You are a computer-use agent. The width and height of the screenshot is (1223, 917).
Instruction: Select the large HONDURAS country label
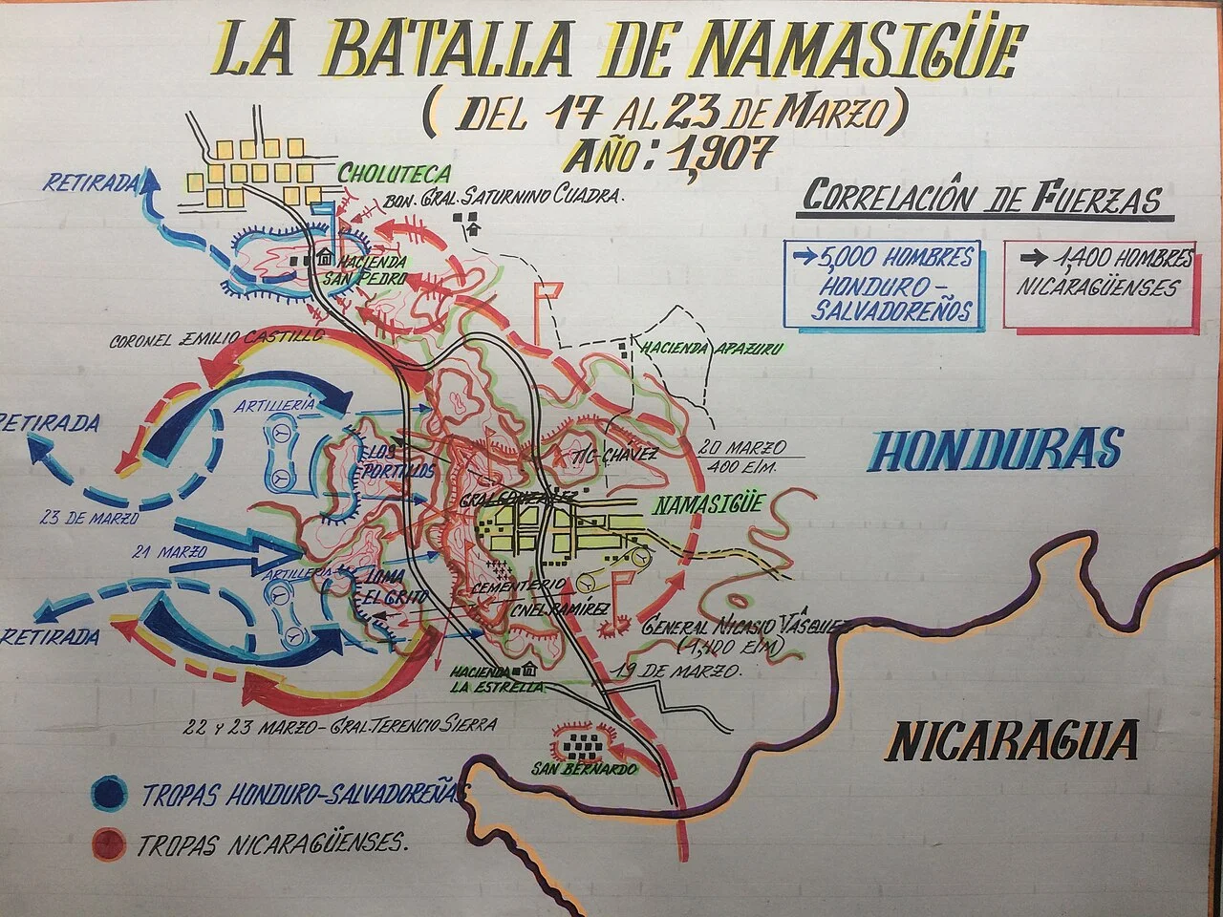[997, 450]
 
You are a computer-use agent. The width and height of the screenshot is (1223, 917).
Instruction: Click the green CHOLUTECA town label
[394, 174]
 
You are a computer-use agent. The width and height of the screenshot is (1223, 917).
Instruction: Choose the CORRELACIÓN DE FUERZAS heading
[982, 198]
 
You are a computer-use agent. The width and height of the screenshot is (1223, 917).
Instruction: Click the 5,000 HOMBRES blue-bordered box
[881, 284]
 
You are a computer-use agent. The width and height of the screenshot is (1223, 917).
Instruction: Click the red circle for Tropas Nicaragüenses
[108, 843]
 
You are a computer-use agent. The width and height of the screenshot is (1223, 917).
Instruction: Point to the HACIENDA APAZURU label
[712, 349]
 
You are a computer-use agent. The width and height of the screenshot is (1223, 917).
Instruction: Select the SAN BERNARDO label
[586, 769]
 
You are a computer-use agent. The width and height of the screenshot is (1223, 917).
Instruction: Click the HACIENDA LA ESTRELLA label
[498, 678]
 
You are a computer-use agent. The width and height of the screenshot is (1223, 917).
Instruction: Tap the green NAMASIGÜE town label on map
[708, 504]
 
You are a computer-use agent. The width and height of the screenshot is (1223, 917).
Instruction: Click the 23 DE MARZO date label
[90, 519]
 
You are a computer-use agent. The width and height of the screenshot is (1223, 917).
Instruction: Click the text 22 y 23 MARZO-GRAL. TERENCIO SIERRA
[341, 726]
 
